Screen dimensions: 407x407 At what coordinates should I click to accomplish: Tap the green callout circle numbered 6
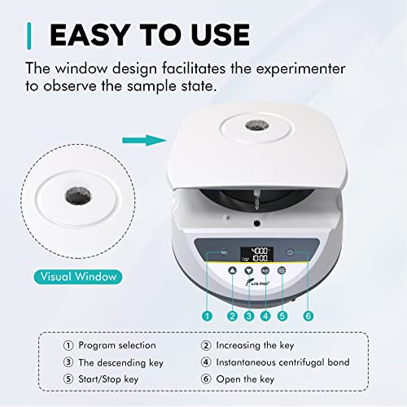coord(307,315)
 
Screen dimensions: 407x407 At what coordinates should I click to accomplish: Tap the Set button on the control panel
coord(224,253)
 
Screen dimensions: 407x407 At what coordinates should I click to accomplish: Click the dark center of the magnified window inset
coord(77,198)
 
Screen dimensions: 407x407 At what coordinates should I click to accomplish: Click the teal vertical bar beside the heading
coord(29,35)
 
